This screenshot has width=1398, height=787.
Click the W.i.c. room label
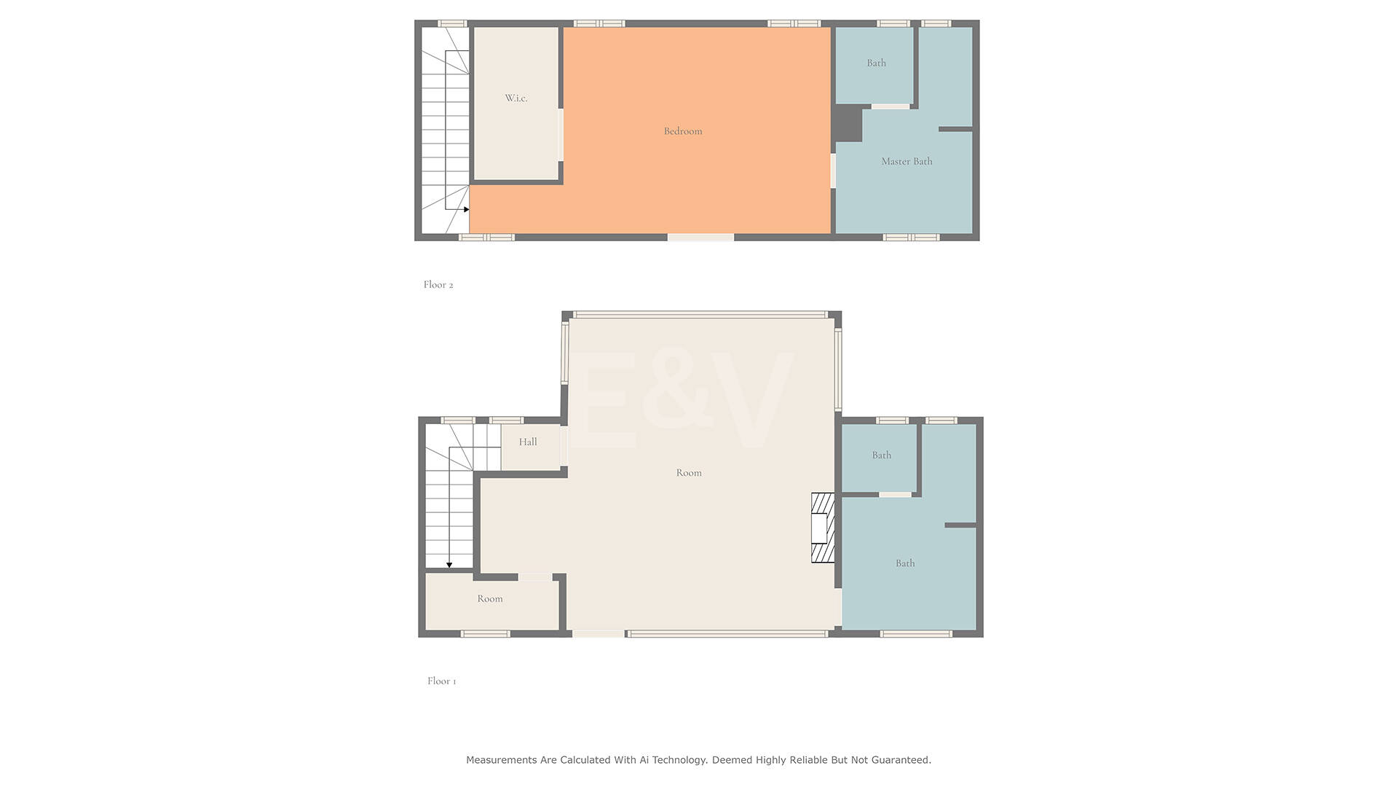516,98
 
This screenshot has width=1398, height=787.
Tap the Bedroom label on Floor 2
683,131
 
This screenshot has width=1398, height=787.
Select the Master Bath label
907,161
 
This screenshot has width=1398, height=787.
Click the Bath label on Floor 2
876,63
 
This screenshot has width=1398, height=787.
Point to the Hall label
528,442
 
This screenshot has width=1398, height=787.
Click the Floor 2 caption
438,284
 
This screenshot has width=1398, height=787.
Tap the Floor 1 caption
441,681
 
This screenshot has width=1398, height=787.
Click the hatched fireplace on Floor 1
823,528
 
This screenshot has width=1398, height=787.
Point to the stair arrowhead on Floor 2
466,210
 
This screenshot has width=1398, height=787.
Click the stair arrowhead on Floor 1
449,565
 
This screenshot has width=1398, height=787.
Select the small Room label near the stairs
490,598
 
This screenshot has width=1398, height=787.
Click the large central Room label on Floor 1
689,473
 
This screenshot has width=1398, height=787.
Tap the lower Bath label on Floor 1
905,563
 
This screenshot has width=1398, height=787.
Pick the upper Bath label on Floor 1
882,455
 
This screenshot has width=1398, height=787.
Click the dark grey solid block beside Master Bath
848,124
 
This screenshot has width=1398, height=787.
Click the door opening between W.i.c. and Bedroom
561,135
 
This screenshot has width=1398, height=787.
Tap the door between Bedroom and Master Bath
833,171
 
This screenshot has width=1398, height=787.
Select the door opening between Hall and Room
564,446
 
